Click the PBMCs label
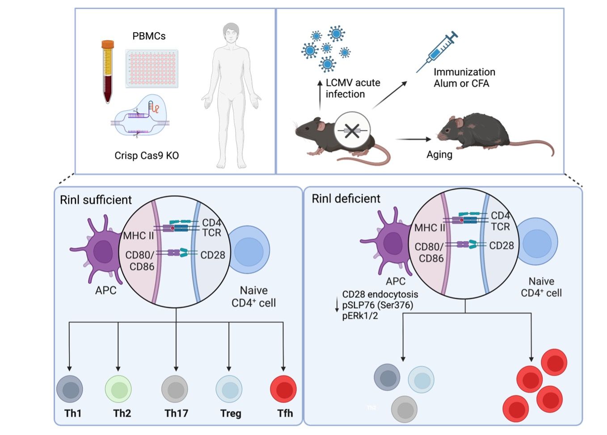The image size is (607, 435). (149, 36)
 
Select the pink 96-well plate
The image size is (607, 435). (152, 68)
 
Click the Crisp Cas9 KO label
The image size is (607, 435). (147, 155)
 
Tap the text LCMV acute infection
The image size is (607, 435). (352, 88)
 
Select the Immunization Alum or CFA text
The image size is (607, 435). (464, 78)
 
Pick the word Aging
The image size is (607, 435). (439, 155)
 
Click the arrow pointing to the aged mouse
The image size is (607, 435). (413, 139)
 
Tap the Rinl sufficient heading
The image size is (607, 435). (96, 200)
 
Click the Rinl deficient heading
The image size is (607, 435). (346, 199)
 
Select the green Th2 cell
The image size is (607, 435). (118, 389)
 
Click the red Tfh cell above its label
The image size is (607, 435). (283, 389)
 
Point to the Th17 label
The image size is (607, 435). (176, 413)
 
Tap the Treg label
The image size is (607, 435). (231, 413)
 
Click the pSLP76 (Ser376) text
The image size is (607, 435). (378, 305)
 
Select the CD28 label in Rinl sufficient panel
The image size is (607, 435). (213, 255)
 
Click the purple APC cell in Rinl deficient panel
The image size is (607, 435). (390, 243)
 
